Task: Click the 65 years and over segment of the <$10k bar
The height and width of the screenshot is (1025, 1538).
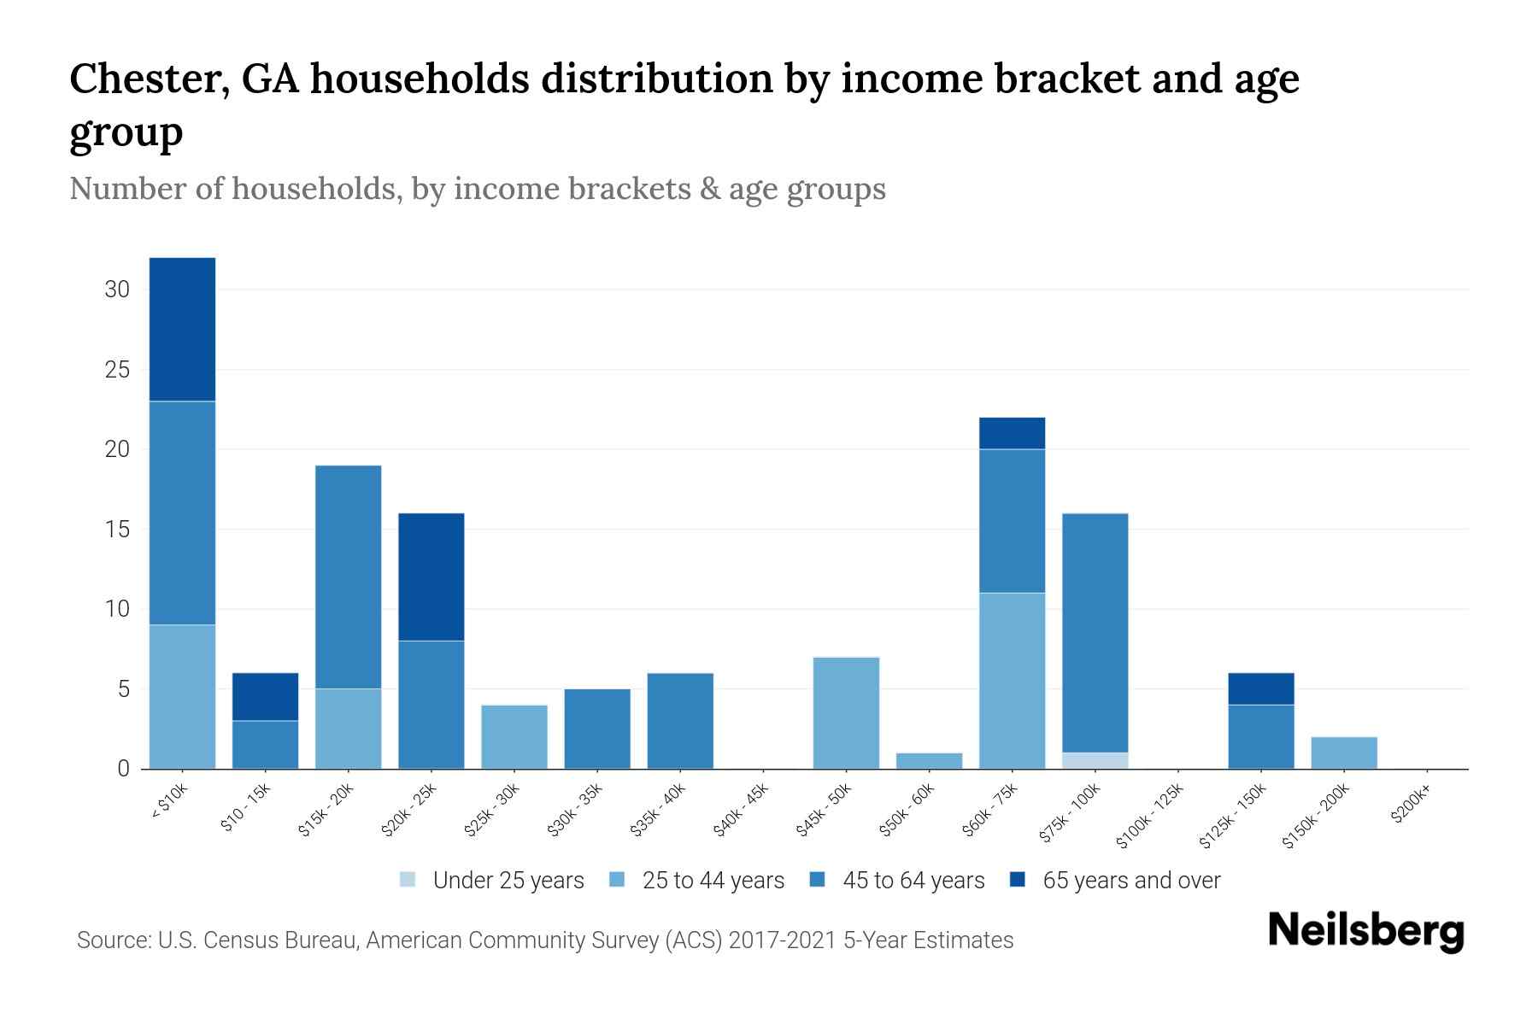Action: [182, 329]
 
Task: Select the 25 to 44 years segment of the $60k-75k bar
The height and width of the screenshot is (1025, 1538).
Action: [1012, 681]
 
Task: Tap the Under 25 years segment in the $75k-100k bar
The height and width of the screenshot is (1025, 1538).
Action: [1095, 760]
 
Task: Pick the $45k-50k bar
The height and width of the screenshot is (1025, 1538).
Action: [846, 712]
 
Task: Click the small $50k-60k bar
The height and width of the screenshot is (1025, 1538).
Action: [929, 760]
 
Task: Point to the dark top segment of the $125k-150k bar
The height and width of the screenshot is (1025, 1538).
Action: [1260, 688]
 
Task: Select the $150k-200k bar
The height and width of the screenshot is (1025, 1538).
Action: [1343, 753]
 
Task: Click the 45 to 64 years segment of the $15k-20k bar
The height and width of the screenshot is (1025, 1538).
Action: [348, 577]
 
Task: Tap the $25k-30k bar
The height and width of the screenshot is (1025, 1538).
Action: [514, 736]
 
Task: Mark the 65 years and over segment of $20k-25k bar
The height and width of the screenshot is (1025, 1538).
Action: [431, 577]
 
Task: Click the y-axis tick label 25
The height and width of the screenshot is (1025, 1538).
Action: [117, 370]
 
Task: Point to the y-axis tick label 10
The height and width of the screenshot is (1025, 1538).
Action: [117, 609]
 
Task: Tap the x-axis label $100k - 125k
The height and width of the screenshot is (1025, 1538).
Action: [1150, 815]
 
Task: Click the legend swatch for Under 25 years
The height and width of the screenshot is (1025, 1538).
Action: [408, 880]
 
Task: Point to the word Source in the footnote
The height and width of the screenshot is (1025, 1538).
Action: [112, 940]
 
